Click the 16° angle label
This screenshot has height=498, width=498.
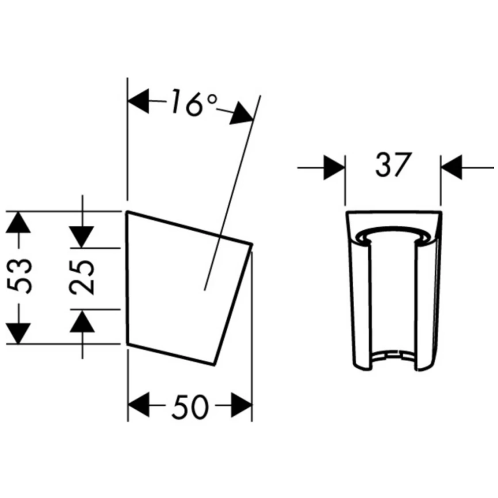(x=194, y=102)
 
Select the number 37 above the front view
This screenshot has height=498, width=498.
(x=393, y=165)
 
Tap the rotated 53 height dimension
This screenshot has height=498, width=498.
(x=20, y=276)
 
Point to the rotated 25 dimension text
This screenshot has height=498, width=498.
(x=82, y=277)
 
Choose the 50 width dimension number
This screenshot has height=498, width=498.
(x=190, y=407)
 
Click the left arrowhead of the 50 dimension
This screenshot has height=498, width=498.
(x=139, y=405)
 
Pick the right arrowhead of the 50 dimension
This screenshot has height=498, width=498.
(x=242, y=405)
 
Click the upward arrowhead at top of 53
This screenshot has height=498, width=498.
(x=18, y=222)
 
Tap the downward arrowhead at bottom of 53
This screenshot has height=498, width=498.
(x=18, y=334)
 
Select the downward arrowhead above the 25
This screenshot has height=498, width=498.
(x=82, y=237)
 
